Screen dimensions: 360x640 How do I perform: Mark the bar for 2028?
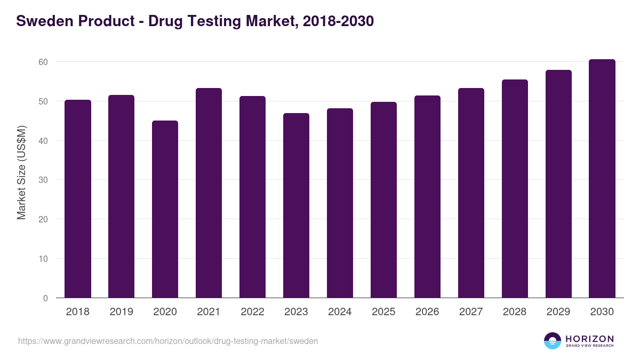point(515,189)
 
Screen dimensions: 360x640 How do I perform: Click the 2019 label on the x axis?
point(122,312)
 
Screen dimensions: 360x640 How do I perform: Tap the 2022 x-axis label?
point(252,312)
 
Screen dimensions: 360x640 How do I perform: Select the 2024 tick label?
point(340,312)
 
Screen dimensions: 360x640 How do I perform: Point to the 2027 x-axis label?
point(471,312)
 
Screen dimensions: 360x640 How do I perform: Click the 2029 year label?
point(558,312)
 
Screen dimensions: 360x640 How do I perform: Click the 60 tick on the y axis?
point(43,62)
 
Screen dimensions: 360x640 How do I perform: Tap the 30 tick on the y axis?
point(43,180)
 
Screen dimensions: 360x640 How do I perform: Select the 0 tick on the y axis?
point(45,298)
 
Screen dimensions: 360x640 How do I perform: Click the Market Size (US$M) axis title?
point(21,172)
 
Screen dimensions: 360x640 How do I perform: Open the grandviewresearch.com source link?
point(168,341)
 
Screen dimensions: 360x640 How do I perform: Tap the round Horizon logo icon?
point(553,341)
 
